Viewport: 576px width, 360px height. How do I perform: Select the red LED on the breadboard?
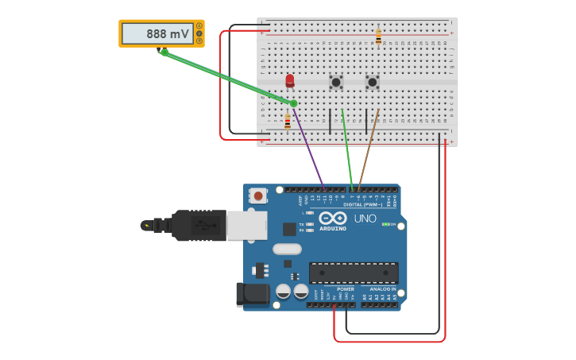point(290,80)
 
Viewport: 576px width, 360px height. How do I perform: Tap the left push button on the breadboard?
point(336,82)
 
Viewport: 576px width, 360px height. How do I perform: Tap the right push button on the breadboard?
point(372,82)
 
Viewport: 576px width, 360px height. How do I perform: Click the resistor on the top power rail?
point(378,37)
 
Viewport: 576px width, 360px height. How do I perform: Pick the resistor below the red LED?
point(288,122)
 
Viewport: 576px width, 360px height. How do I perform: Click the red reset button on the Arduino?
point(258,195)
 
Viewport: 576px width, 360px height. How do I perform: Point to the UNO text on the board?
point(365,219)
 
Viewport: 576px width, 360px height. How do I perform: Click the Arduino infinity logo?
point(332,218)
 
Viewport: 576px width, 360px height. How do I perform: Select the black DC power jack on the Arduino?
point(252,294)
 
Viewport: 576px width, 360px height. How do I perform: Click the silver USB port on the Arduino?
point(246,225)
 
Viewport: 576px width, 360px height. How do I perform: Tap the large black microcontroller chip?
point(354,273)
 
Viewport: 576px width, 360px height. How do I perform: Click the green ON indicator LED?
point(386,224)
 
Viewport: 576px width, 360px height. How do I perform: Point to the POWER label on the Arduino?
point(345,289)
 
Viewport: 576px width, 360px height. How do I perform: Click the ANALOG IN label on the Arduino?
point(383,289)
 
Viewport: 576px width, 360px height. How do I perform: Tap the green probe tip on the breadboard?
point(293,103)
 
